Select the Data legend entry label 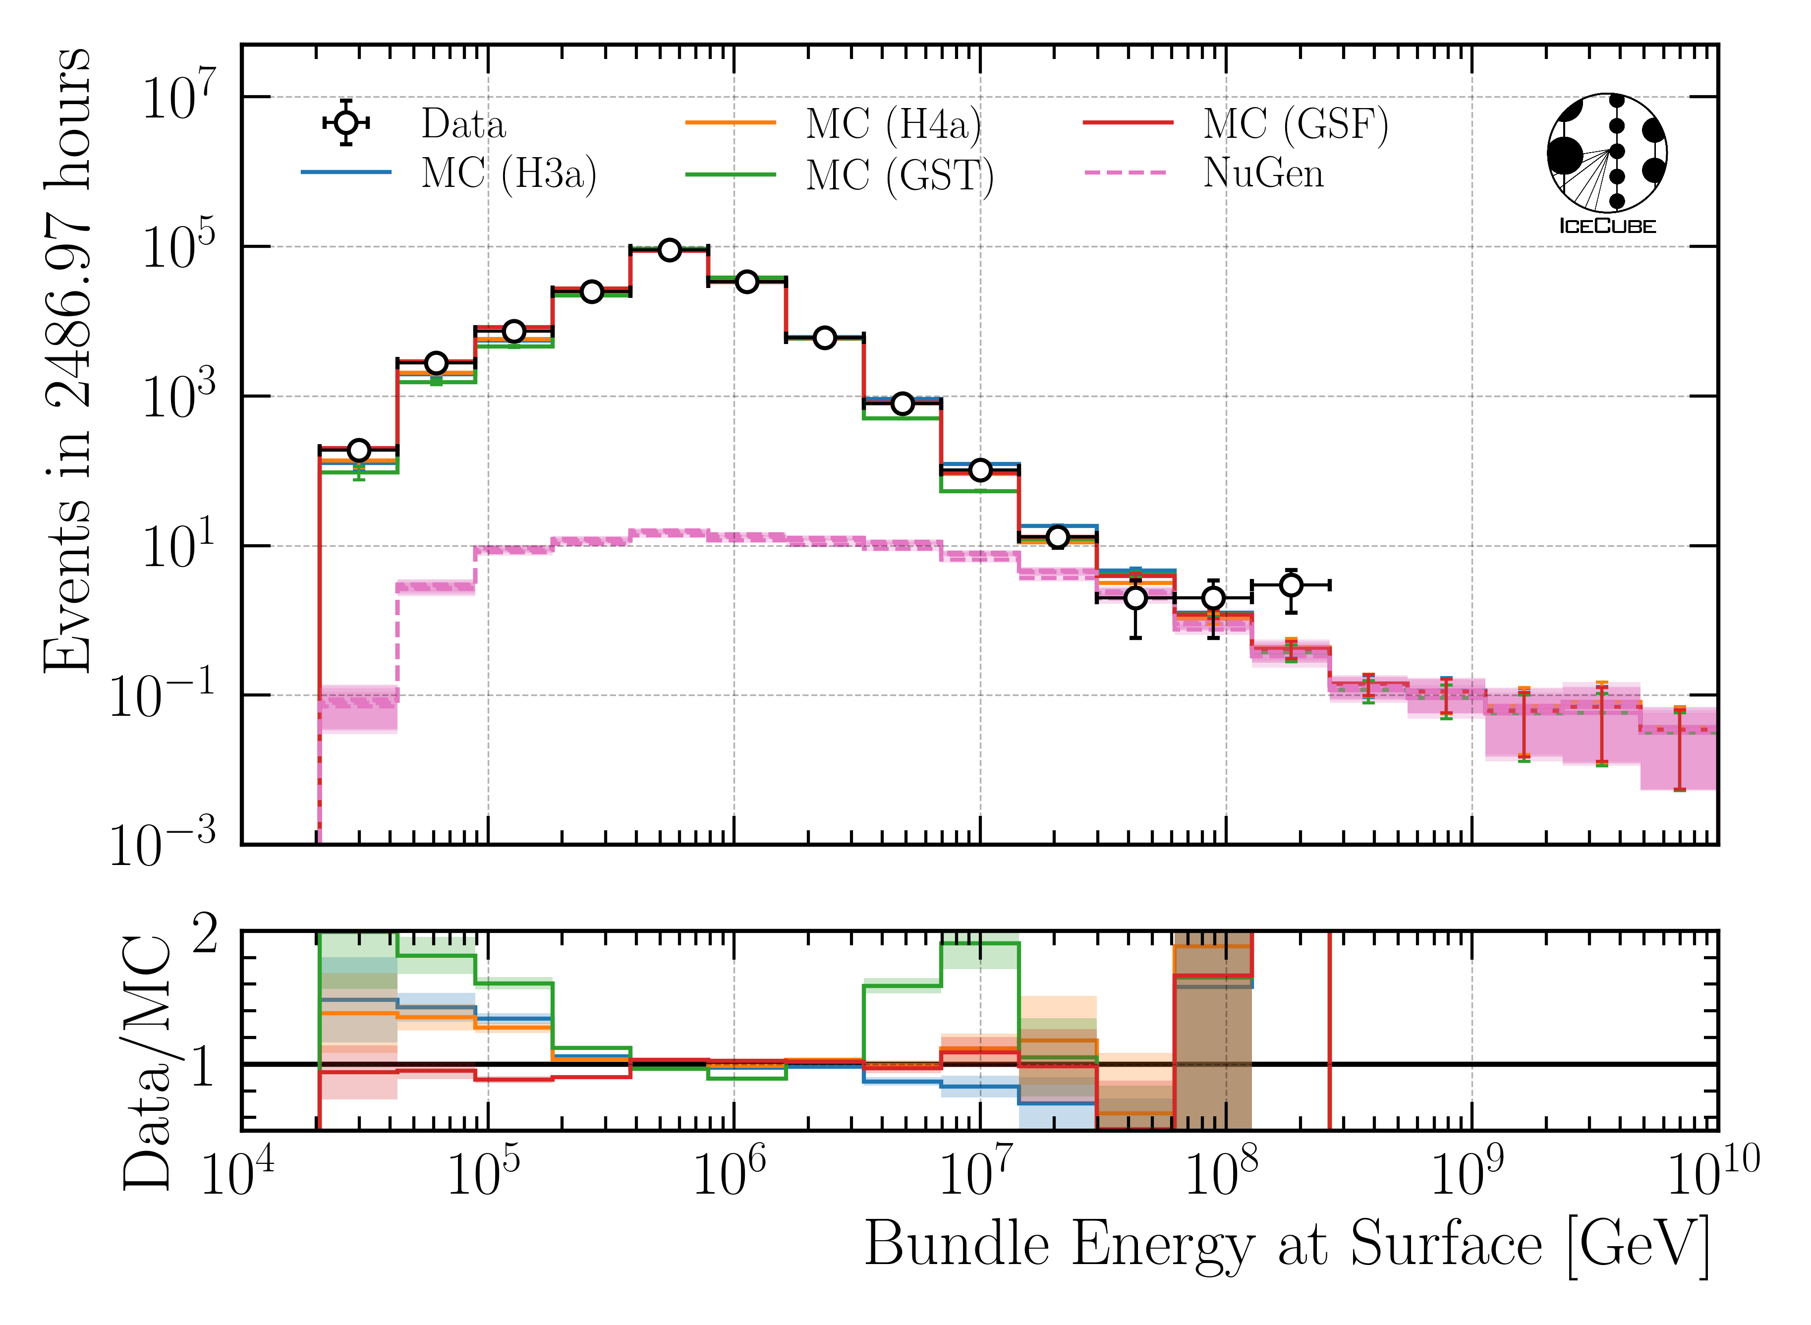coord(463,124)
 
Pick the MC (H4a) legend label coord(893,124)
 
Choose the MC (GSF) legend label coord(1295,124)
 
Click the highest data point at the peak coord(669,250)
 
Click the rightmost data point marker coord(1291,585)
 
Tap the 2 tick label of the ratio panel coord(205,935)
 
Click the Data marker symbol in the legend coord(345,123)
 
